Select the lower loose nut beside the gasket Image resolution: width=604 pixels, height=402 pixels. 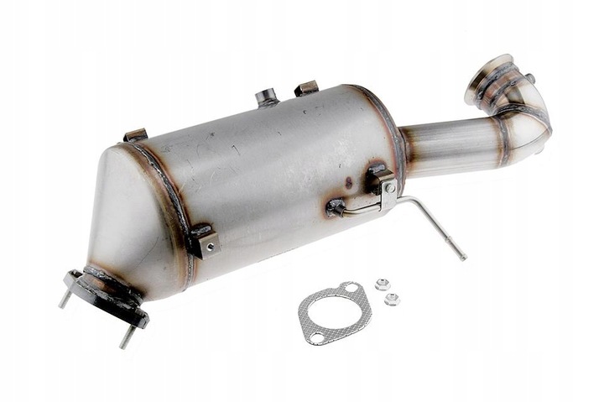click(393, 298)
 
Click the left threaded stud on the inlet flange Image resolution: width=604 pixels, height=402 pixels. click(65, 298)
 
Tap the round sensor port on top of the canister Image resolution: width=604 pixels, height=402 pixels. click(267, 97)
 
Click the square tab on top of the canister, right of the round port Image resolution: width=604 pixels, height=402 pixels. click(306, 88)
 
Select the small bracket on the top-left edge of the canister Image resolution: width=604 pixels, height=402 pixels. click(135, 135)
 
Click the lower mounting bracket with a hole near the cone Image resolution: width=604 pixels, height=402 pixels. click(205, 242)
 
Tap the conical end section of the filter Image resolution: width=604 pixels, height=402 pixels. click(126, 218)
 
